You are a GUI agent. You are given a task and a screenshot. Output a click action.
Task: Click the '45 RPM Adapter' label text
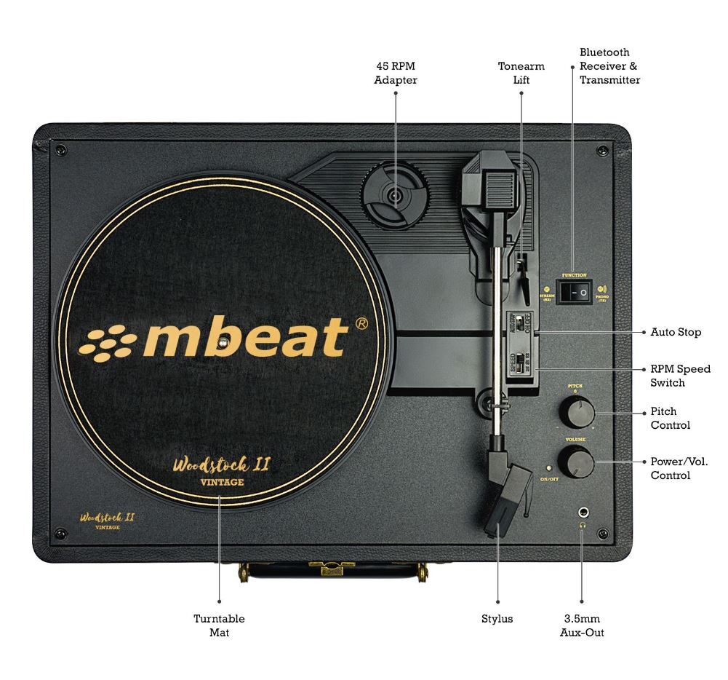coord(395,73)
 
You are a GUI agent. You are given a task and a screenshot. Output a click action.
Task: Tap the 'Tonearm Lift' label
coord(521,73)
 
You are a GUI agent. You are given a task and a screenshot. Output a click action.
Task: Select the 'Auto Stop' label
coord(676,332)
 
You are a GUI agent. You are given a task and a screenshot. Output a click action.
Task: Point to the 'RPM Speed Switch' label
coord(680,376)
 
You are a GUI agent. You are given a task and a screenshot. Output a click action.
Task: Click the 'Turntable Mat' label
coord(219,625)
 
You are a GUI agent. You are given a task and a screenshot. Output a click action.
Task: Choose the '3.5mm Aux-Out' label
coord(582,625)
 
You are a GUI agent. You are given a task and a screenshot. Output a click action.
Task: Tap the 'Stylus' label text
coord(497,619)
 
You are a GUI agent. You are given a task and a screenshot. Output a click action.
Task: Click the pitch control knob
coord(577,413)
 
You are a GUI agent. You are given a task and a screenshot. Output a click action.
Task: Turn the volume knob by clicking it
coord(576,462)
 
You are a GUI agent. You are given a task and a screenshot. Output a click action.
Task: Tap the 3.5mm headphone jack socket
coord(582,513)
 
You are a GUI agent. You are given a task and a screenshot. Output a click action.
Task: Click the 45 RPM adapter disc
coord(395,195)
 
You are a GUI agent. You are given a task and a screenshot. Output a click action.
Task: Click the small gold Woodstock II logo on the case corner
coord(107,518)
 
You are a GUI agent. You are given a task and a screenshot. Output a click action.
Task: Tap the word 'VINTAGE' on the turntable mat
coord(222,482)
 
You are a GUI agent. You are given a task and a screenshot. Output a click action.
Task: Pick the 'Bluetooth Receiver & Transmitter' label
coord(609,66)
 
